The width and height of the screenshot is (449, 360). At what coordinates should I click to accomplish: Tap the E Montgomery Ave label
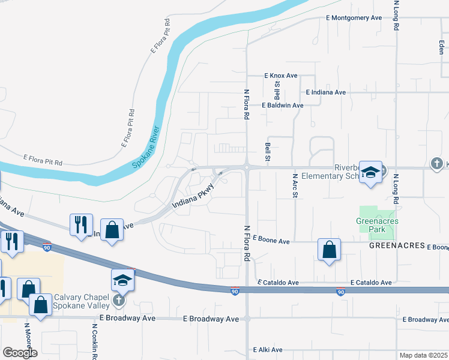click(x=354, y=18)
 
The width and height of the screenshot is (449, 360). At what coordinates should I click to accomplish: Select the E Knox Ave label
click(x=281, y=76)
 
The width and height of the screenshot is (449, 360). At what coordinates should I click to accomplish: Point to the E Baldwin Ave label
click(x=282, y=105)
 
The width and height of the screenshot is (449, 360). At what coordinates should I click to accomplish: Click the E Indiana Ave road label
click(x=325, y=92)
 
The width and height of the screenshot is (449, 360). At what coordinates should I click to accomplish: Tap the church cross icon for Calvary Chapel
click(x=120, y=300)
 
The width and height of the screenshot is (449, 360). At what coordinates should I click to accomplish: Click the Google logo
click(x=20, y=353)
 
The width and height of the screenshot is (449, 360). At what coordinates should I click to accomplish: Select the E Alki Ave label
click(x=268, y=349)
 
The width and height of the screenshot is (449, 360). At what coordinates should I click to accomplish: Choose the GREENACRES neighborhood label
click(x=396, y=246)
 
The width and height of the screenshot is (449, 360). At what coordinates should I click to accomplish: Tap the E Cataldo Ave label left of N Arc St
click(x=278, y=282)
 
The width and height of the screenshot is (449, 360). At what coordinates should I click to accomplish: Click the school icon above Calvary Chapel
click(x=122, y=280)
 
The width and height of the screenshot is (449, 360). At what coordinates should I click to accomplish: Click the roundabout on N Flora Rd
click(x=247, y=167)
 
